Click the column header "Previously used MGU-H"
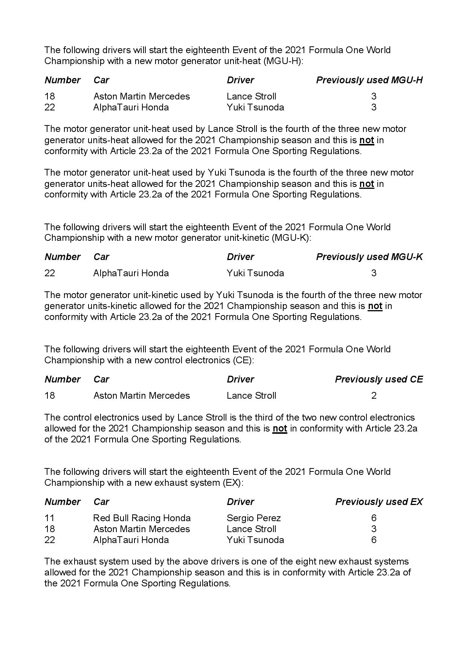pyautogui.click(x=369, y=80)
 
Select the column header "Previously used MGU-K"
pyautogui.click(x=369, y=257)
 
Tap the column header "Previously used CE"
pyautogui.click(x=378, y=379)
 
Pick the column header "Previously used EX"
pyautogui.click(x=379, y=502)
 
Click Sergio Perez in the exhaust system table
pyautogui.click(x=253, y=518)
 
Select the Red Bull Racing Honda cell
pyautogui.click(x=142, y=518)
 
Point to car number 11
pyautogui.click(x=49, y=518)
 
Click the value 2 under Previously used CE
pyautogui.click(x=374, y=395)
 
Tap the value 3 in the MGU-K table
pyautogui.click(x=374, y=273)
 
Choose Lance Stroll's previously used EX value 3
pyautogui.click(x=374, y=529)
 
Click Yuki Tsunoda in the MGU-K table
pyautogui.click(x=255, y=273)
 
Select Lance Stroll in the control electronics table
pyautogui.click(x=251, y=395)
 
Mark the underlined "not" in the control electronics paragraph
pyautogui.click(x=280, y=428)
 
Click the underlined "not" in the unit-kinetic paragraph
pyautogui.click(x=375, y=306)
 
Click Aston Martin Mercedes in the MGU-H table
pyautogui.click(x=142, y=96)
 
